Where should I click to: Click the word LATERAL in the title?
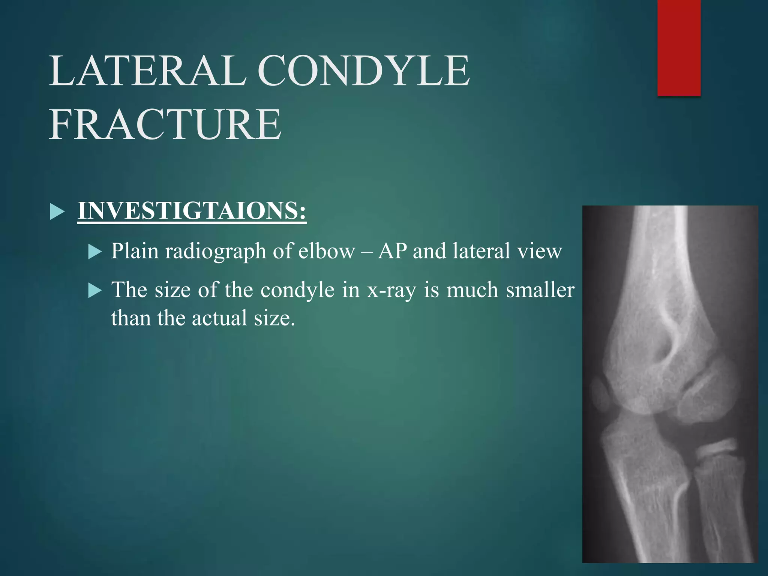coord(147,70)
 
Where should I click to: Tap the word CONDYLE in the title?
coord(363,70)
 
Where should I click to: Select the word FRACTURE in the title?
coord(165,124)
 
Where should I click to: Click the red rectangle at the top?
coord(679,48)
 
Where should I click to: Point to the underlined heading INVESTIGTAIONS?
coord(192,211)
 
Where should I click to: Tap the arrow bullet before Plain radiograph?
coord(95,252)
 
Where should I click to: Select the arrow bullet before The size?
coord(95,291)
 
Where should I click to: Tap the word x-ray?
coord(391,290)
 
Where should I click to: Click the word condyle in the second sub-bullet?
coord(297,290)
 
